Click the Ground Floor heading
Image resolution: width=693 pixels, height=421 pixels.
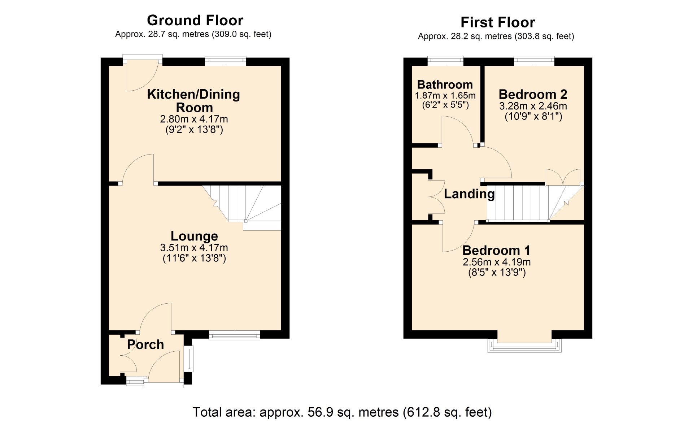point(195,20)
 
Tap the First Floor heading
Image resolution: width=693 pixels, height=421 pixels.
point(498,22)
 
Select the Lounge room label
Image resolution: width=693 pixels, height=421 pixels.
point(194,236)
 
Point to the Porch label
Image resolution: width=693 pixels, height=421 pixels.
point(145,344)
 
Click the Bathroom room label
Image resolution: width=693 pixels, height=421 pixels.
point(445,84)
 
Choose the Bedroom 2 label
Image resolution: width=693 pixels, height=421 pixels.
point(533,94)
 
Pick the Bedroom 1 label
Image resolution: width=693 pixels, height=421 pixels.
point(497,250)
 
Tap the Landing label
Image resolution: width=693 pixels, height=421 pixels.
point(469,194)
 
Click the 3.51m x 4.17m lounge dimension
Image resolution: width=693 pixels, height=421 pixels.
point(194,248)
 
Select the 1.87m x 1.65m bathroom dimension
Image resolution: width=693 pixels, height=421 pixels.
point(445,96)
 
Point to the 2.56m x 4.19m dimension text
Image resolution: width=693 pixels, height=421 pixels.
point(497,262)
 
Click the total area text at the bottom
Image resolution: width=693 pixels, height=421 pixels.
point(342,412)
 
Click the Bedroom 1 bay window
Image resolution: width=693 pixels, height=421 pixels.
point(524,345)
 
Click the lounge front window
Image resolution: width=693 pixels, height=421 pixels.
point(235,335)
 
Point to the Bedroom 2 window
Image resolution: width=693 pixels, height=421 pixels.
point(534,61)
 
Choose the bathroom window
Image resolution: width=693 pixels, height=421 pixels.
point(445,61)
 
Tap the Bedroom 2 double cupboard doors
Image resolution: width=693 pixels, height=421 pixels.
point(563,177)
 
